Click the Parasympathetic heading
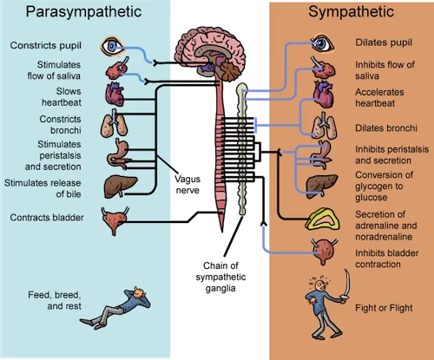(83, 12)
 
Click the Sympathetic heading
(351, 12)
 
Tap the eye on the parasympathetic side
(112, 46)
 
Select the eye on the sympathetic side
(322, 43)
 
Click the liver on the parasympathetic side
(120, 187)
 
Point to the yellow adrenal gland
(322, 219)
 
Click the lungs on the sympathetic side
(324, 126)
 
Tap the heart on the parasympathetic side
(115, 95)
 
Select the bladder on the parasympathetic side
(115, 220)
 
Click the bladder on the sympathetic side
(325, 251)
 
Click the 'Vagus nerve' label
(187, 185)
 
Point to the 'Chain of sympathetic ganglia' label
(220, 277)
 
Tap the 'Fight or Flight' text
(384, 308)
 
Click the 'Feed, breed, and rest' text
(55, 300)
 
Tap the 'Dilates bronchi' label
(386, 128)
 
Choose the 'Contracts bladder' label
(47, 218)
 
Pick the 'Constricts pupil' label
(46, 45)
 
